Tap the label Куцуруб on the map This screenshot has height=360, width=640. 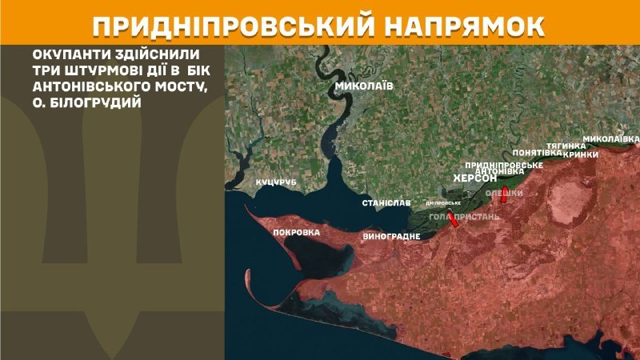(x=276, y=183)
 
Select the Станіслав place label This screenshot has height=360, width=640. (x=386, y=204)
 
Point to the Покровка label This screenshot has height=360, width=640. (x=297, y=233)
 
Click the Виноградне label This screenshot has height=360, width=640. (x=391, y=237)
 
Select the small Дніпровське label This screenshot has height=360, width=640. (x=443, y=203)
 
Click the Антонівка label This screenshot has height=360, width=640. (x=499, y=172)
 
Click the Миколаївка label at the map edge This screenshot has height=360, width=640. (x=612, y=139)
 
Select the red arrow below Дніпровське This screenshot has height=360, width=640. (x=454, y=220)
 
